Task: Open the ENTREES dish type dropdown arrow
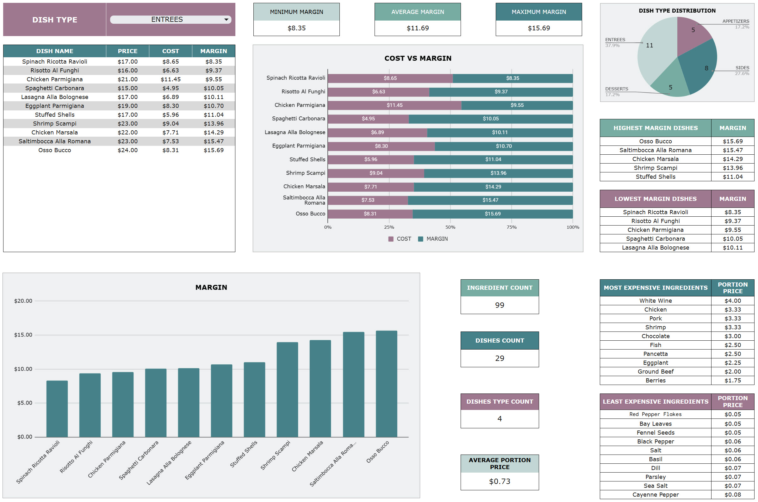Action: click(x=226, y=20)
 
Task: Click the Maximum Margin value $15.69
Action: click(x=539, y=28)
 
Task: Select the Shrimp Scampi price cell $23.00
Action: click(x=127, y=124)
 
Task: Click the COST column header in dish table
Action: click(x=170, y=51)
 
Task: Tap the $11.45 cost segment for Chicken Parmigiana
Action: click(x=395, y=105)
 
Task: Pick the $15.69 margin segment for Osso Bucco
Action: click(x=493, y=214)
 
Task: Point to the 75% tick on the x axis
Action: click(x=512, y=227)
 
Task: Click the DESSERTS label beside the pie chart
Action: click(x=617, y=89)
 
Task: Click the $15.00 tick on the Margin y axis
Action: click(x=23, y=335)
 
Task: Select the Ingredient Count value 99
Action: click(x=499, y=305)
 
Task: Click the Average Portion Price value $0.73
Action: click(x=499, y=481)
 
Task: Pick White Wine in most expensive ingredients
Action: click(x=655, y=301)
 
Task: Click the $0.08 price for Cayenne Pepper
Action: click(x=732, y=495)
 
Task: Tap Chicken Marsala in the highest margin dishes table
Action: click(x=655, y=159)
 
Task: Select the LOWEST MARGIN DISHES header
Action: click(x=655, y=199)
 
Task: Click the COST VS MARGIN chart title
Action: click(x=418, y=58)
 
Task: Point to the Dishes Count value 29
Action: click(x=499, y=358)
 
